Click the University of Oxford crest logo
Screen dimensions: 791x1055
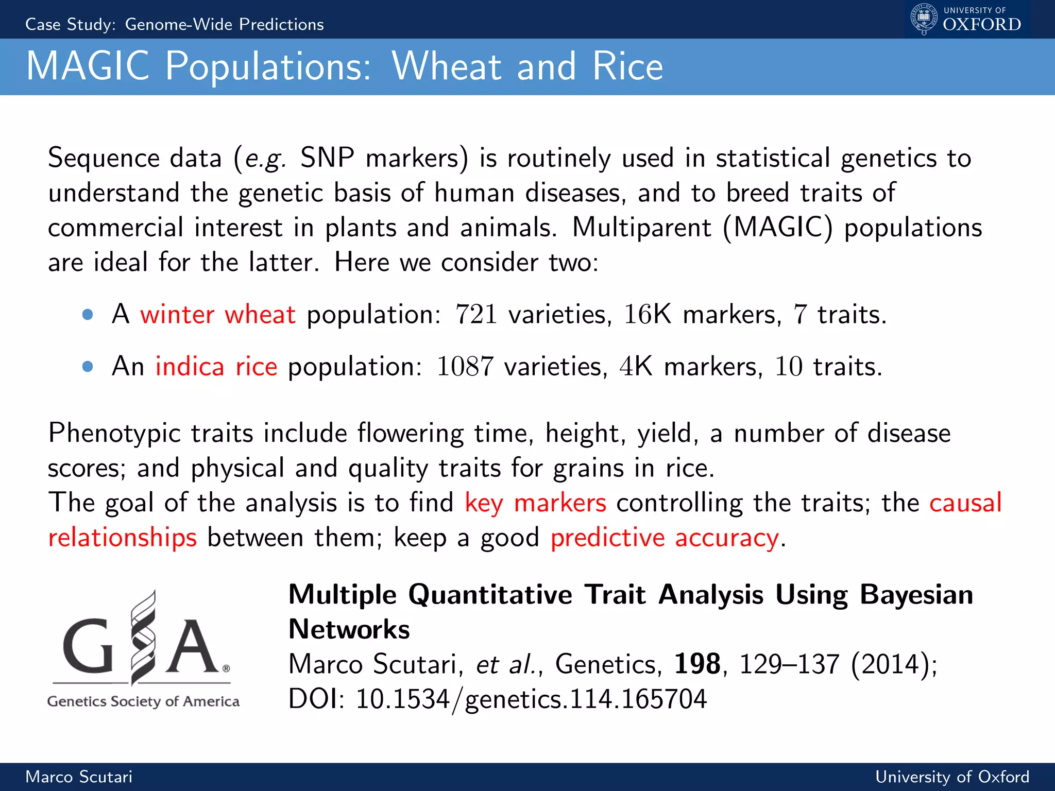pos(924,19)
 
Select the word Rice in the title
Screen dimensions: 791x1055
pos(627,66)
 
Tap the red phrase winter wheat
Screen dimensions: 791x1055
pos(218,314)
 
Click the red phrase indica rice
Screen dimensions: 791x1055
pos(216,367)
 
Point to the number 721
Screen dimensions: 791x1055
pos(476,314)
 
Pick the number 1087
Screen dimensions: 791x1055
pos(465,367)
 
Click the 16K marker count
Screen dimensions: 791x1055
pos(648,314)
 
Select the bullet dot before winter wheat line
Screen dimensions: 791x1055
pos(88,314)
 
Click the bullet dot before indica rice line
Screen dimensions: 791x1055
pos(88,367)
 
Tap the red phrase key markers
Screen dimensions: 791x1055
pos(535,503)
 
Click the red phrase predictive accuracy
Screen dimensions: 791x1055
pos(665,538)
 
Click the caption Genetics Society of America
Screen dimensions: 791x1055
pos(143,701)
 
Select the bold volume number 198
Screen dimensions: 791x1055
pos(697,664)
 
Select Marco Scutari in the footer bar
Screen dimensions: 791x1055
pos(79,777)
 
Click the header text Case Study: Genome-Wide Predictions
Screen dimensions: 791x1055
pos(175,24)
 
